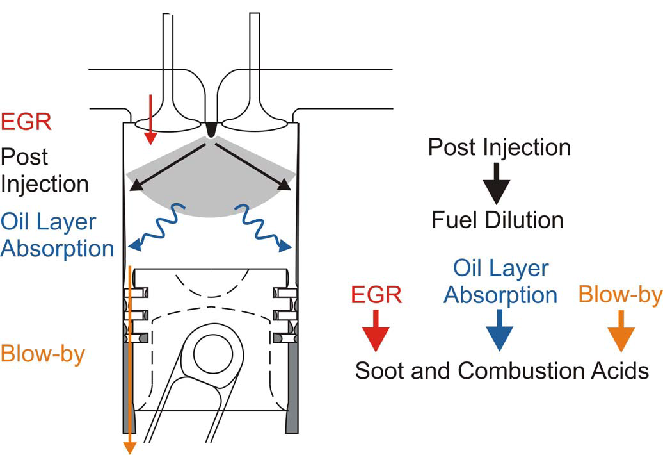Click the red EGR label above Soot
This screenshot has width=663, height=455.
[x=376, y=295]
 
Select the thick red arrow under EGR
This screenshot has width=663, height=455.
[x=376, y=331]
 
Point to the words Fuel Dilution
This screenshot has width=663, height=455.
[x=497, y=220]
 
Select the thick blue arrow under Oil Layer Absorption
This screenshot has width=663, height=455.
[x=499, y=331]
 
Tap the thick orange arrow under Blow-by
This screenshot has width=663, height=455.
[x=620, y=331]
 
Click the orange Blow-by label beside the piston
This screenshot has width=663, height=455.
[x=44, y=354]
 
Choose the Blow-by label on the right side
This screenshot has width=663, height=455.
[x=619, y=294]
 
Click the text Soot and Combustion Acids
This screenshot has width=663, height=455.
[x=502, y=370]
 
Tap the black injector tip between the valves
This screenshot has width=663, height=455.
[x=211, y=130]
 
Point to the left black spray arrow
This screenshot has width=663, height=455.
[x=169, y=166]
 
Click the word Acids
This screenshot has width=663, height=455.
[x=618, y=370]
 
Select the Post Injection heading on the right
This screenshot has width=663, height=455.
[x=499, y=147]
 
